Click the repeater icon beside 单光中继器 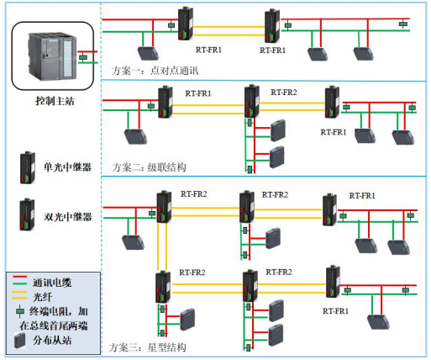coord(29,162)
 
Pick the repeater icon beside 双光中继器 coord(29,214)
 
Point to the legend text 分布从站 coord(49,341)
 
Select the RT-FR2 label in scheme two coord(282,92)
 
